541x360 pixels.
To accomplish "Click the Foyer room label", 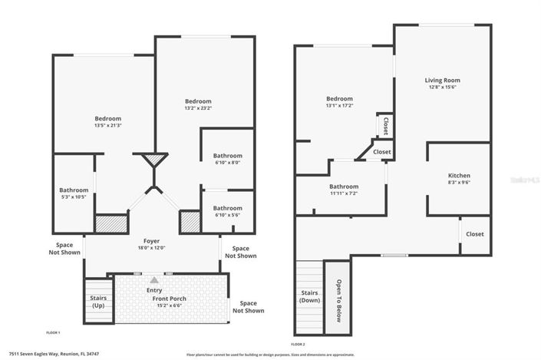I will point(151,240).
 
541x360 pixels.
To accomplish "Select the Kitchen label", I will point(459,175).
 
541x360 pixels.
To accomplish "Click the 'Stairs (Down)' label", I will point(308,296).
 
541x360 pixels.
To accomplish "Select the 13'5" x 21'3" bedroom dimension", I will point(108,126).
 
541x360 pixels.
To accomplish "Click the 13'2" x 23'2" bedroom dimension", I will point(197,109).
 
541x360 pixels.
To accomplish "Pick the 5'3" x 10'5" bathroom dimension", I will point(74,198).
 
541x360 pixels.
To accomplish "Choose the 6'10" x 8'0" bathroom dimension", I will point(227,163).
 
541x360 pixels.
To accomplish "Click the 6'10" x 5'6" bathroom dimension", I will point(227,216).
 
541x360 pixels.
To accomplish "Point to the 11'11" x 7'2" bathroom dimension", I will point(344,193).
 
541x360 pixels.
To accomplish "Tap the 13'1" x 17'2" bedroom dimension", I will point(339,106).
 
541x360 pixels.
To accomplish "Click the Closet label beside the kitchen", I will point(474,234).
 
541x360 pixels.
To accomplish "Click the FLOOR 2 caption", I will point(298,344).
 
